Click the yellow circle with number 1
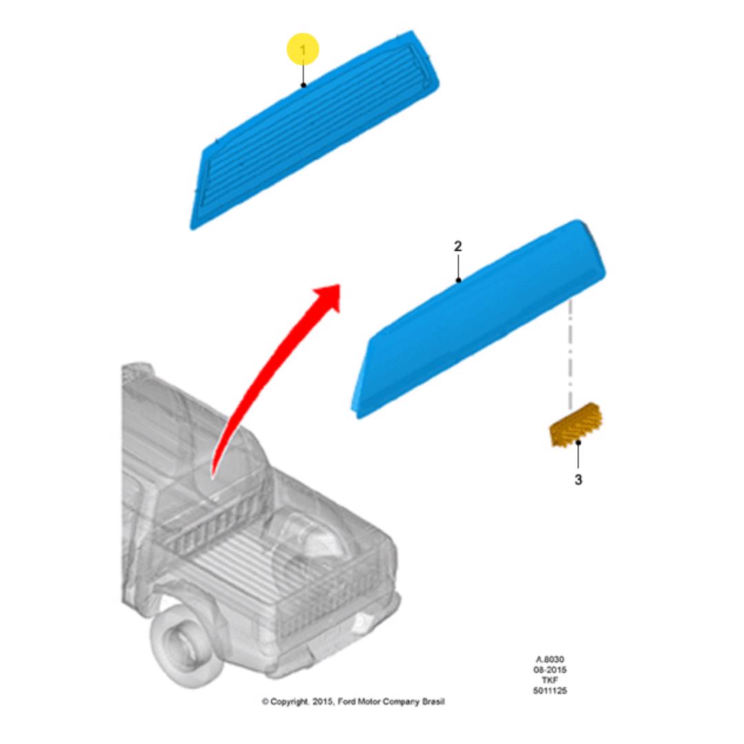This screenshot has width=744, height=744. pyautogui.click(x=302, y=49)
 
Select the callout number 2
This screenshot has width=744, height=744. pyautogui.click(x=458, y=246)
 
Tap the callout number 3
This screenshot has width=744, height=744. pyautogui.click(x=578, y=479)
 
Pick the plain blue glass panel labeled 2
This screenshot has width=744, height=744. pyautogui.click(x=478, y=319)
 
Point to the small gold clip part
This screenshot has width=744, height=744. pyautogui.click(x=576, y=424)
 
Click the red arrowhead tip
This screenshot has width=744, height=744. pyautogui.click(x=340, y=285)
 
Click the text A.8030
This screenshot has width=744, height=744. pyautogui.click(x=550, y=659)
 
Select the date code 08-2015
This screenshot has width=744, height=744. pyautogui.click(x=550, y=670)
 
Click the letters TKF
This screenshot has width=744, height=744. pyautogui.click(x=550, y=680)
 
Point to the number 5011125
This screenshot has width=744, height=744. pyautogui.click(x=550, y=690)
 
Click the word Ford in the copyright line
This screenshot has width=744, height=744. pyautogui.click(x=346, y=701)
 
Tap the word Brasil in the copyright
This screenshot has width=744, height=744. pyautogui.click(x=433, y=701)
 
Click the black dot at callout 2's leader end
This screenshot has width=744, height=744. pyautogui.click(x=458, y=280)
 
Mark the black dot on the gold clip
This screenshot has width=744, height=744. pyautogui.click(x=578, y=443)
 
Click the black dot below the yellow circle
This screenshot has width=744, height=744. pyautogui.click(x=303, y=85)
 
